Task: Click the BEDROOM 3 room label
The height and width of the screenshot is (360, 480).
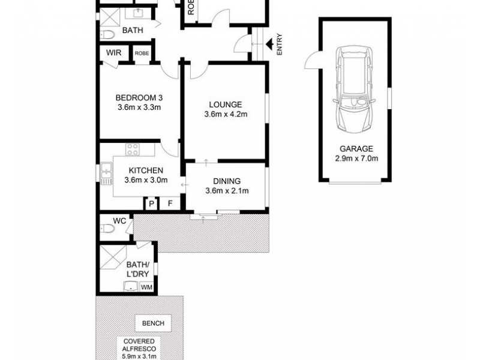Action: [139, 98]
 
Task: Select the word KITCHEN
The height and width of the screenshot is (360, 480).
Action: [145, 170]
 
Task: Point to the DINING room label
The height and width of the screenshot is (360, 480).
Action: [227, 181]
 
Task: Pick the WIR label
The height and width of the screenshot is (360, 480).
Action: [114, 53]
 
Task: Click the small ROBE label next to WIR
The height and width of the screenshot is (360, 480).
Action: [142, 53]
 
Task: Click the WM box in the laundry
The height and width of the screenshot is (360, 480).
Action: [146, 287]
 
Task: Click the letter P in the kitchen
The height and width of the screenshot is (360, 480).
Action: [151, 205]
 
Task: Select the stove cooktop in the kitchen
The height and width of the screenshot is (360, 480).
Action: [133, 149]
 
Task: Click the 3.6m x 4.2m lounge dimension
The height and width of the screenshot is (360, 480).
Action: [225, 115]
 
